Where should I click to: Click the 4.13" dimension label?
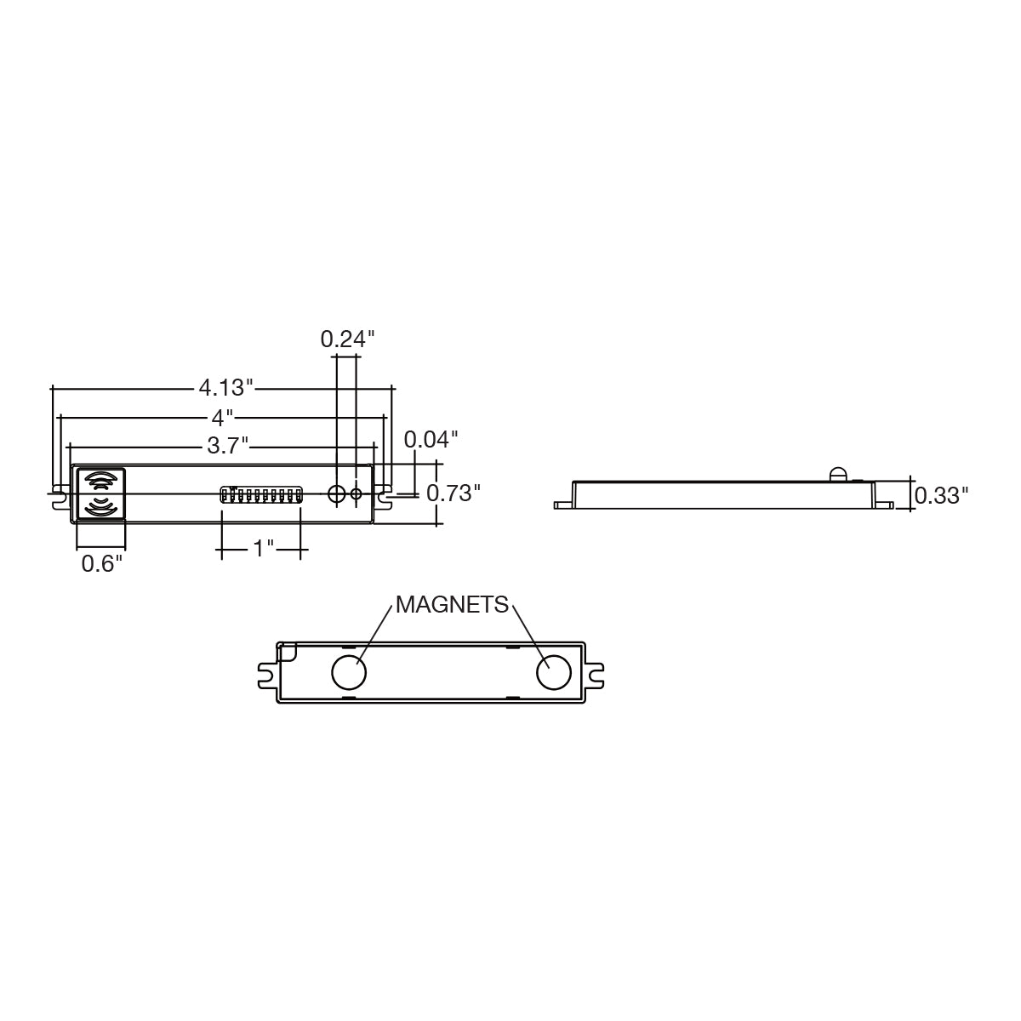(226, 388)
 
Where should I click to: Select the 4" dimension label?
(223, 418)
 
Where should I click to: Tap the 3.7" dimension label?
(228, 446)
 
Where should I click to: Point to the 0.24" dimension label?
(348, 339)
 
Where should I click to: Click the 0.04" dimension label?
(431, 439)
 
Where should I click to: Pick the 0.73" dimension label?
(453, 493)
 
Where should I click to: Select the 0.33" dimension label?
(942, 495)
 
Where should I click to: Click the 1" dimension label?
(263, 549)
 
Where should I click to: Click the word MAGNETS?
(452, 605)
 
